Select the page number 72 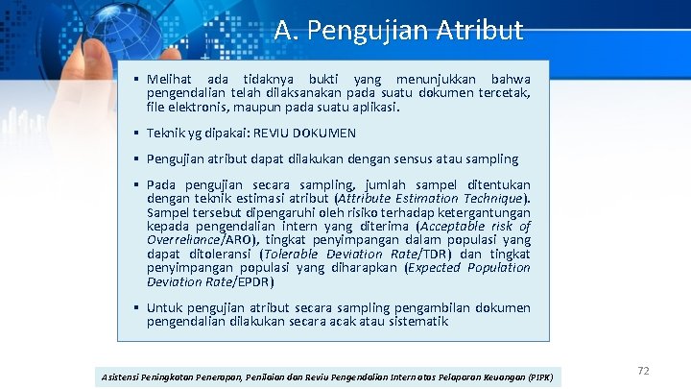643,371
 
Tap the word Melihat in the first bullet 170,78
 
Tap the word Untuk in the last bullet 166,307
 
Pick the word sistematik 415,322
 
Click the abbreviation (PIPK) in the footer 543,377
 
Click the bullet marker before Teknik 138,133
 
